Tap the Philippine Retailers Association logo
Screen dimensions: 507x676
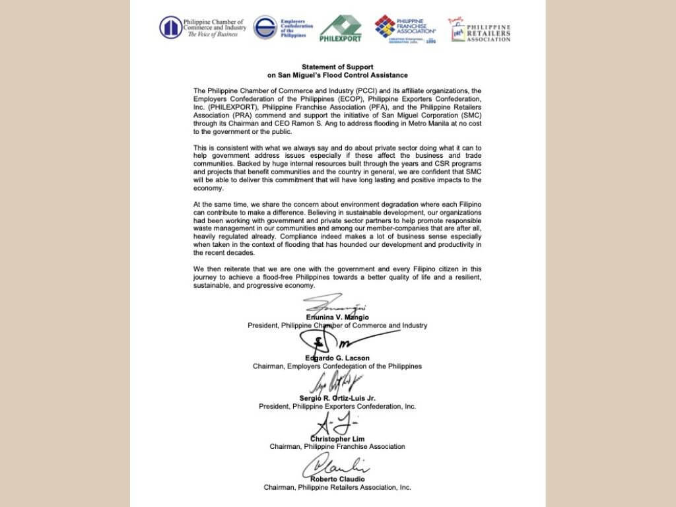[x=480, y=30]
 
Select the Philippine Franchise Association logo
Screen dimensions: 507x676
[x=405, y=29]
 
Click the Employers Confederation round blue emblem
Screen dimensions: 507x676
[x=265, y=28]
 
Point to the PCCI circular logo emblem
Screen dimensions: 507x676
[x=171, y=27]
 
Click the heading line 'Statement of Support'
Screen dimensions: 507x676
[x=337, y=67]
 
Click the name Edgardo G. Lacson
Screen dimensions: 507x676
[x=337, y=358]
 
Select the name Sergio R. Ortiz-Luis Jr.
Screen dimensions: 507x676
[x=337, y=399]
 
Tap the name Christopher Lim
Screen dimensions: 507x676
[x=337, y=438]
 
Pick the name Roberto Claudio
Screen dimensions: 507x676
[x=337, y=479]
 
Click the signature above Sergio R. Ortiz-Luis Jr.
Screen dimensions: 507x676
[x=335, y=382]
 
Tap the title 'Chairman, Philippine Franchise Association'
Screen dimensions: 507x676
[x=337, y=447]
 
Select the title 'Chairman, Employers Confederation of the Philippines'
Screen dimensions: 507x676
[x=337, y=366]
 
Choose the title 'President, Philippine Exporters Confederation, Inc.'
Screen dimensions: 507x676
[x=337, y=407]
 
